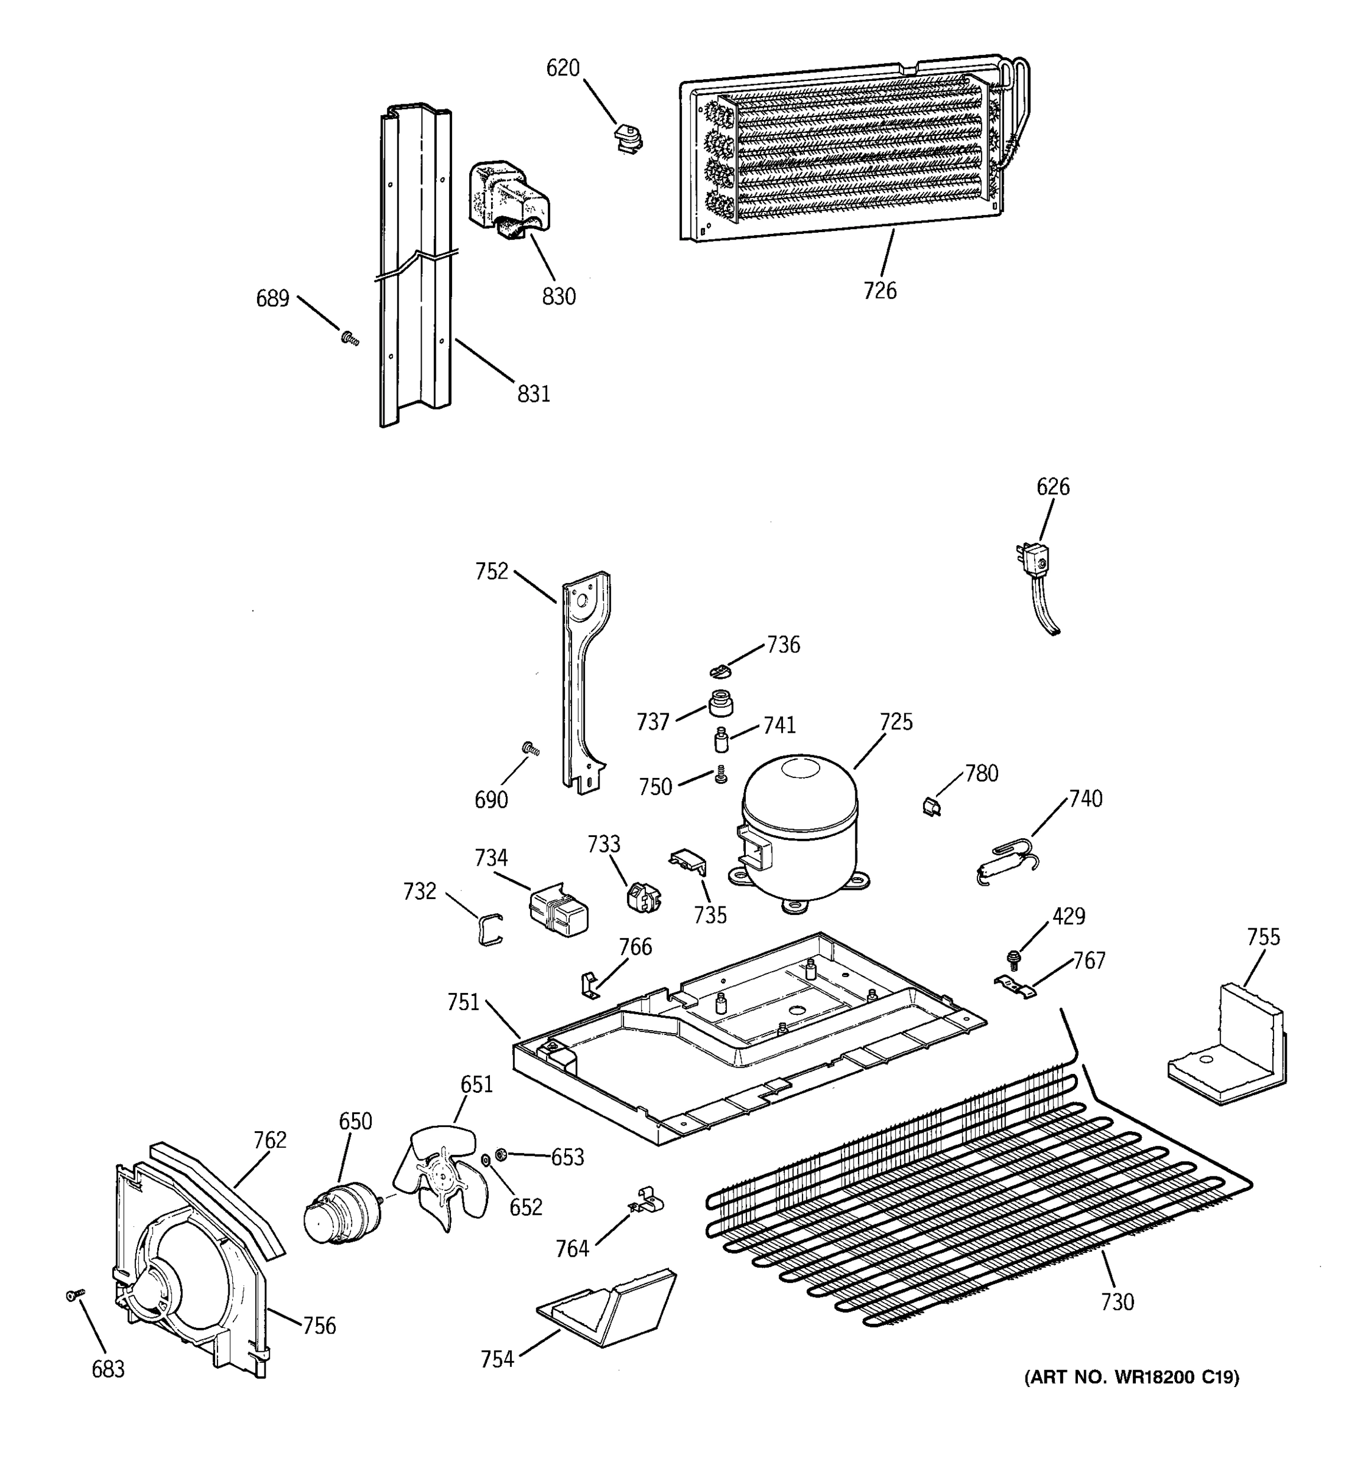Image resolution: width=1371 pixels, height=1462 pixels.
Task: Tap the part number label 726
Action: pos(880,291)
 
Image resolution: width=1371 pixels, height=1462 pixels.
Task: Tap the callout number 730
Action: pos(1118,1302)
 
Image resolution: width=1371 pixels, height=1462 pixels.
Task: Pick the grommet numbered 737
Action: pos(721,703)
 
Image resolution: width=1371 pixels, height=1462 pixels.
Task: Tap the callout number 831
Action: pos(533,395)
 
